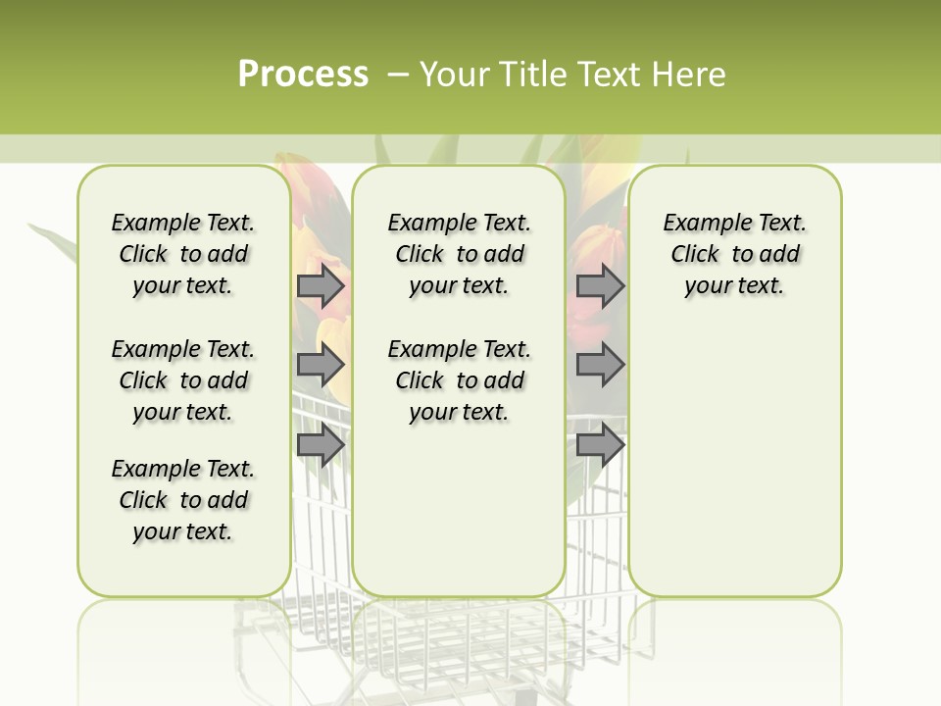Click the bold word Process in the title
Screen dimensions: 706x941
click(x=303, y=75)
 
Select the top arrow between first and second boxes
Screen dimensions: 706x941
click(x=321, y=286)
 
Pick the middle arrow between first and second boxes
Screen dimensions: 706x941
click(x=321, y=366)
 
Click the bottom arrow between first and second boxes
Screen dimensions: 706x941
click(x=321, y=445)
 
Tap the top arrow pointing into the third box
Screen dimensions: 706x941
click(x=600, y=286)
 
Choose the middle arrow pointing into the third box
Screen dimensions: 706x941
click(x=600, y=366)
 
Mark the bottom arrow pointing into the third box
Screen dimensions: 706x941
click(x=600, y=445)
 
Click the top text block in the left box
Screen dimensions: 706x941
click(x=183, y=254)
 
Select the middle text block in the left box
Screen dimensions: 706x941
click(x=183, y=380)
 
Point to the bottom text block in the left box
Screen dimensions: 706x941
click(x=183, y=500)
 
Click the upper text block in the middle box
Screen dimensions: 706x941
click(x=459, y=254)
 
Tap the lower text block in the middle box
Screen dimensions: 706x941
click(x=459, y=380)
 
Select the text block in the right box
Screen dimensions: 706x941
click(x=734, y=254)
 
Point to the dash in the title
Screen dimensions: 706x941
click(x=398, y=75)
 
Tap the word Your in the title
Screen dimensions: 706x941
click(x=454, y=75)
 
